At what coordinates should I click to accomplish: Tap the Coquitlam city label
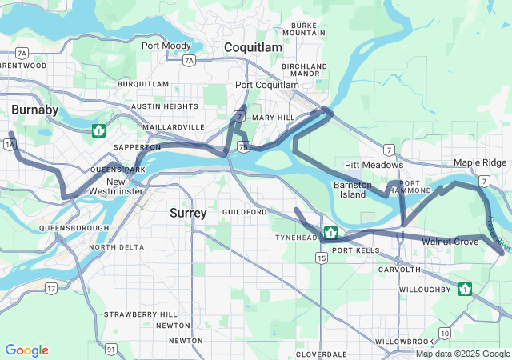tap(253, 48)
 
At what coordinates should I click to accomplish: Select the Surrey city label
tap(188, 214)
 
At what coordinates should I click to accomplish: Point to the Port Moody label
tap(166, 46)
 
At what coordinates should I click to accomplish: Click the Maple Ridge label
tap(480, 162)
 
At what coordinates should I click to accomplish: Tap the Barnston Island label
tap(353, 190)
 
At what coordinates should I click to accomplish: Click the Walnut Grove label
tap(450, 241)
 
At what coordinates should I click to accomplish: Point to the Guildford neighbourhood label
tap(244, 212)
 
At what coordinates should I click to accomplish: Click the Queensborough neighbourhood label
tap(74, 228)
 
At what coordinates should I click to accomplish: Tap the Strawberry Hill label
tap(140, 314)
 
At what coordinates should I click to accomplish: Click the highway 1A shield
tap(10, 144)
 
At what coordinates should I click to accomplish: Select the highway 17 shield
tap(50, 288)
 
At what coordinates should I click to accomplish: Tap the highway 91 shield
tap(111, 349)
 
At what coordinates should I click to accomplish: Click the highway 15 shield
tap(321, 258)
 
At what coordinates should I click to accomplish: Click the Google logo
tap(26, 350)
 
